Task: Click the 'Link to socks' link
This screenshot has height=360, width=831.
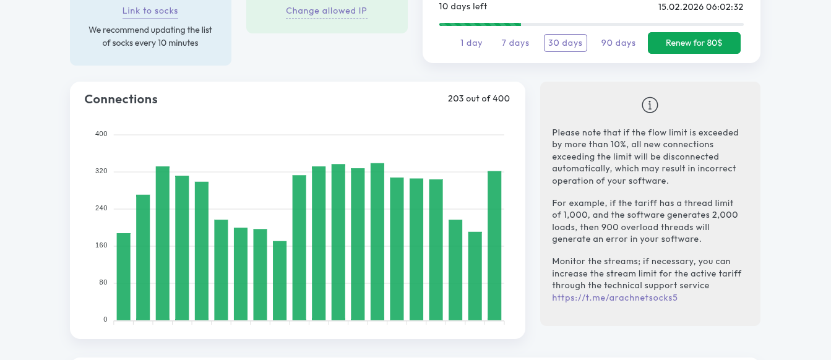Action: point(150,11)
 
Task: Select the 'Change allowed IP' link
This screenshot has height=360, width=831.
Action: point(327,11)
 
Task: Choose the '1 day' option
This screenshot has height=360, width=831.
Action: point(471,43)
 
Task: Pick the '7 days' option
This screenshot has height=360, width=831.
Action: point(515,43)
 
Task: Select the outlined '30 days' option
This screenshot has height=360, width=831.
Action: point(565,43)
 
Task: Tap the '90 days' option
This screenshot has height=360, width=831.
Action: point(618,43)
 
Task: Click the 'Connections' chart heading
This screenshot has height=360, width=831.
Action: point(121,99)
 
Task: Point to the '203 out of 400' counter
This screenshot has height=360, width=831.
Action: point(478,98)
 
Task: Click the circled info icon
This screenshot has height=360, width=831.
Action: point(650,105)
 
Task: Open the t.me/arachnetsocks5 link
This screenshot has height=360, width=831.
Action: point(614,298)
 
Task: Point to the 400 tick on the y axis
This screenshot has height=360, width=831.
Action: point(101,134)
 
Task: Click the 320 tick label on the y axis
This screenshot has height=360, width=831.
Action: point(101,171)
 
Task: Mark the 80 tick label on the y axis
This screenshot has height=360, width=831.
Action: point(103,283)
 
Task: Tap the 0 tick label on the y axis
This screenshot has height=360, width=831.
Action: point(105,320)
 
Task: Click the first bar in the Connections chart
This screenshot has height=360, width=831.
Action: point(124,276)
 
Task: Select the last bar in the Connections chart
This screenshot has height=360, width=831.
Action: point(494,246)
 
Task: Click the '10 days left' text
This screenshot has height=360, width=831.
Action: point(463,7)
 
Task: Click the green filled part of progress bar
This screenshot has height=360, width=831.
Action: point(480,24)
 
